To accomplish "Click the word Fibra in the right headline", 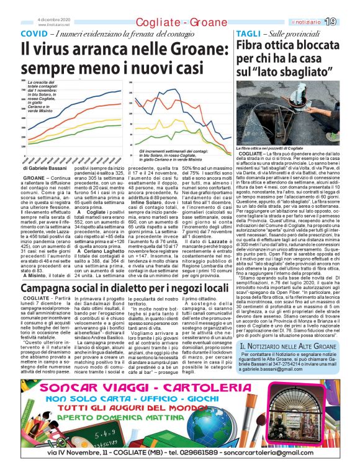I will tap(254, 47).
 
